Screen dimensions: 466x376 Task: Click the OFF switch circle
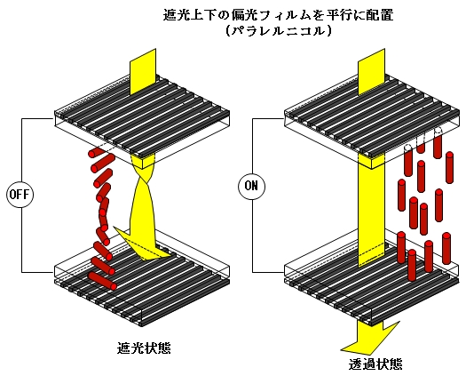[x=20, y=195]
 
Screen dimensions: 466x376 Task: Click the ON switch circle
[x=251, y=186]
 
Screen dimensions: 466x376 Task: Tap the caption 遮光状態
[x=144, y=348]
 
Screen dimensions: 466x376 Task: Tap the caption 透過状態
[x=375, y=364]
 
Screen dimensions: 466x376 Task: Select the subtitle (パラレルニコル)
[x=279, y=31]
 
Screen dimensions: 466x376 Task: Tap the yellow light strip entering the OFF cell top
[x=143, y=72]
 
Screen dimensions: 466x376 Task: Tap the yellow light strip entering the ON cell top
[x=372, y=72]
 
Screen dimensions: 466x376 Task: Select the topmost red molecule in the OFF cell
[x=96, y=152]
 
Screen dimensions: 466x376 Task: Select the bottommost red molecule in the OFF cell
[x=103, y=281]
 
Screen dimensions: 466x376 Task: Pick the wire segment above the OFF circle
[x=21, y=150]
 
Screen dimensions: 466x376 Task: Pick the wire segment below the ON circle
[x=253, y=236]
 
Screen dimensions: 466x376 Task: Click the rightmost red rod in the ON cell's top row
[x=449, y=167]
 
